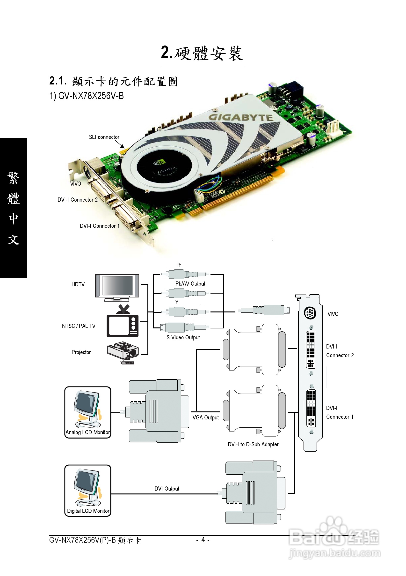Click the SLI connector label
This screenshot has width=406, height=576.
pos(104,137)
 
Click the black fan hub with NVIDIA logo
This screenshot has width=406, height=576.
pos(164,166)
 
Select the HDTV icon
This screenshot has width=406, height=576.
pos(117,287)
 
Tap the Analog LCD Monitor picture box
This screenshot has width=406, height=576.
pos(88,412)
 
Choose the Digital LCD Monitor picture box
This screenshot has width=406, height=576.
pos(88,491)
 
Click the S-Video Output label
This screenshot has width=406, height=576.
pos(183,337)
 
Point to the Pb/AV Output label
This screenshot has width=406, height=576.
pos(190,284)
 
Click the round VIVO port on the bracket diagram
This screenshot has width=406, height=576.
pos(310,313)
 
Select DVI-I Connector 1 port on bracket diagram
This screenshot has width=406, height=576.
pos(311,409)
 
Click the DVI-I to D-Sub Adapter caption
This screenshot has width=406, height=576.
pos(253,444)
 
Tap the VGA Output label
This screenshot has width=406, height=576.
pos(205,417)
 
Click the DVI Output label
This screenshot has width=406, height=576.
pos(167,489)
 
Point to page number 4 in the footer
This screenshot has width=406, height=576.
pos(203,540)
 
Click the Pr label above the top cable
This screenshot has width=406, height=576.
pos(179,265)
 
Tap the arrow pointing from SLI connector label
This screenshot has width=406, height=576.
pos(120,144)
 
